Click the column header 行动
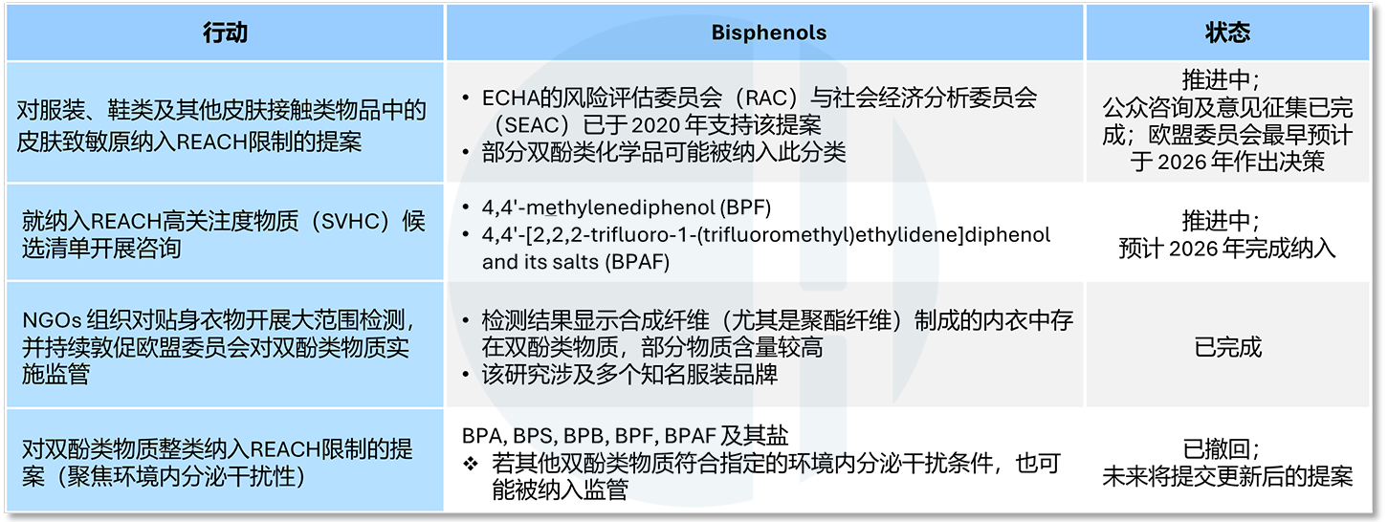(226, 33)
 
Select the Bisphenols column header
(769, 33)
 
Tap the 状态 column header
(1227, 33)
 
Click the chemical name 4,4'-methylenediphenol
(598, 207)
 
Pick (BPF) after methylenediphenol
(745, 207)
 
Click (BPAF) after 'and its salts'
(638, 262)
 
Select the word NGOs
(52, 320)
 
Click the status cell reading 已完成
(1227, 347)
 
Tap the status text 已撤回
(1216, 448)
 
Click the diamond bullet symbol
(471, 463)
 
